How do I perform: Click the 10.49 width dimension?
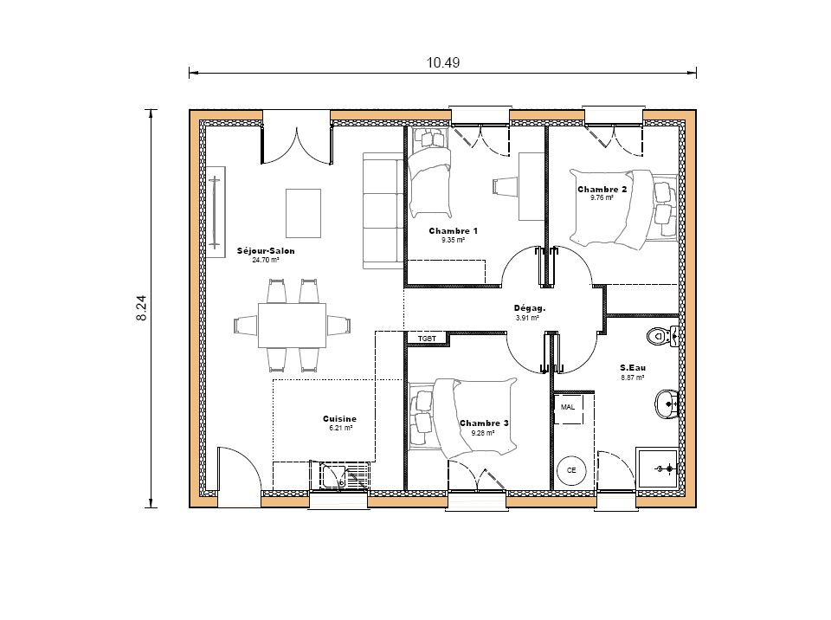coord(442,61)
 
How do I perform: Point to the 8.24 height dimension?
coord(142,308)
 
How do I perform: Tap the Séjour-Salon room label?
coord(266,251)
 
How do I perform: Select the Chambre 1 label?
coord(453,231)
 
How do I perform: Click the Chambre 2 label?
coord(602,189)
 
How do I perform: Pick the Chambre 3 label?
coord(484,423)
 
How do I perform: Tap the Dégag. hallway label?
coord(529,307)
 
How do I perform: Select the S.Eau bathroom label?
coord(633,367)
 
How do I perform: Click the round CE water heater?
coord(571,470)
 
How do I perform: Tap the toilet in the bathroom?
coord(662,335)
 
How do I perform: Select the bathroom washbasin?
coord(667,402)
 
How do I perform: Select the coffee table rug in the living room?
coord(304,213)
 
